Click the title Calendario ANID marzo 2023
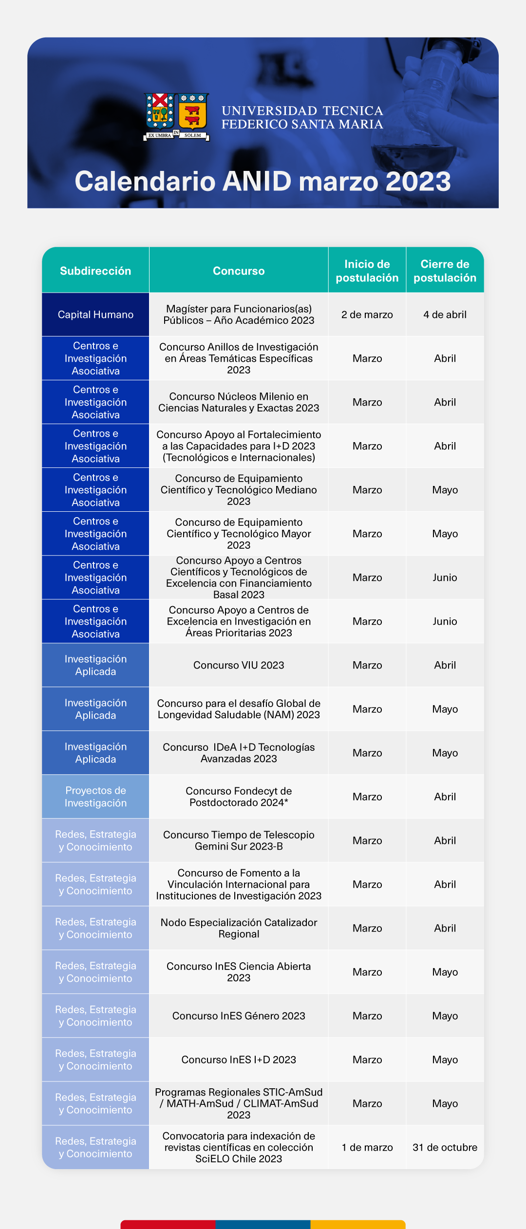(263, 181)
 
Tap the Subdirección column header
(95, 271)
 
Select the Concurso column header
(239, 271)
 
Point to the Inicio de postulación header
(367, 271)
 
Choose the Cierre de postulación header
(445, 271)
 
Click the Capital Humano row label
(95, 315)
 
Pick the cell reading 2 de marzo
(367, 315)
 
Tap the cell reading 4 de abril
(445, 315)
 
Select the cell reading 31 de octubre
(445, 1147)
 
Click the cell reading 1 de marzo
(367, 1147)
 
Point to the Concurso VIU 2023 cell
(239, 665)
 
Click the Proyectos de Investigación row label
(95, 797)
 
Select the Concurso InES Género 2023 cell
(239, 1016)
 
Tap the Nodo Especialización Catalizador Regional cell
(239, 928)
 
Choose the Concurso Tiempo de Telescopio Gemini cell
(239, 840)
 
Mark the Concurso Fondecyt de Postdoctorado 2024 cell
(239, 797)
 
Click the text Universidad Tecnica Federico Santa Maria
(302, 117)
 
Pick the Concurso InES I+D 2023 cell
(239, 1060)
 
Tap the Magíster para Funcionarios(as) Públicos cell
(239, 315)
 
